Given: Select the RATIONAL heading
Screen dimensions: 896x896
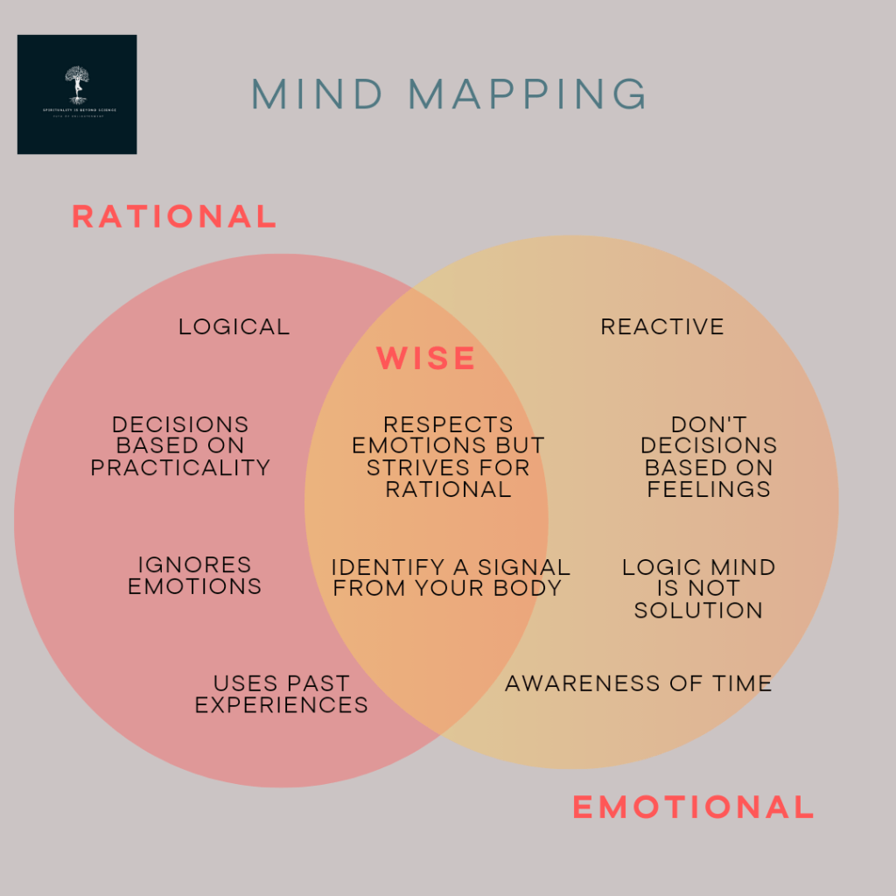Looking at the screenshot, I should point(174,216).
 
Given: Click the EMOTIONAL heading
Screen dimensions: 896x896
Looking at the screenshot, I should point(693,807).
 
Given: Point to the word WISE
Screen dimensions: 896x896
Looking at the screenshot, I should point(426,358).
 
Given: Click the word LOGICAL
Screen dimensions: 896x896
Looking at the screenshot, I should point(234,327).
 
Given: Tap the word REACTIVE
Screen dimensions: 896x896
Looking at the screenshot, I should point(662,327).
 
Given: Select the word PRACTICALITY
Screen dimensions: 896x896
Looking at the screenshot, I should point(180,468).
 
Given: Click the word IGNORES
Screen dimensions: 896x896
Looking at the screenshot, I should point(194,565).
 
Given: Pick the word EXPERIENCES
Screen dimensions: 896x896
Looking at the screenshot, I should point(281,705).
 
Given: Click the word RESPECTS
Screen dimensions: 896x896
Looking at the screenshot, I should point(448,425).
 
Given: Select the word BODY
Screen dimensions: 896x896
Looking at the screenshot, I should point(528,589).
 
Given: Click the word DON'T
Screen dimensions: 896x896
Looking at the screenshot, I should point(709,425).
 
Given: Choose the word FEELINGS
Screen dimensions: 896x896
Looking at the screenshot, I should point(709,490).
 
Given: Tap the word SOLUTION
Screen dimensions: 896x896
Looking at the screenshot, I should point(698,611).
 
